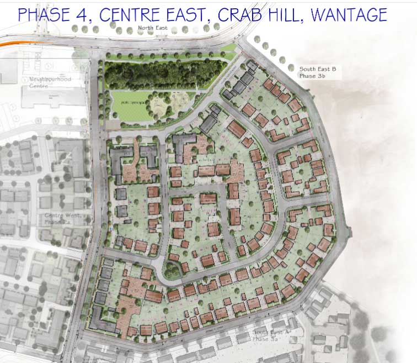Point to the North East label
[151, 28]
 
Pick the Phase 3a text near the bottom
[264, 338]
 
